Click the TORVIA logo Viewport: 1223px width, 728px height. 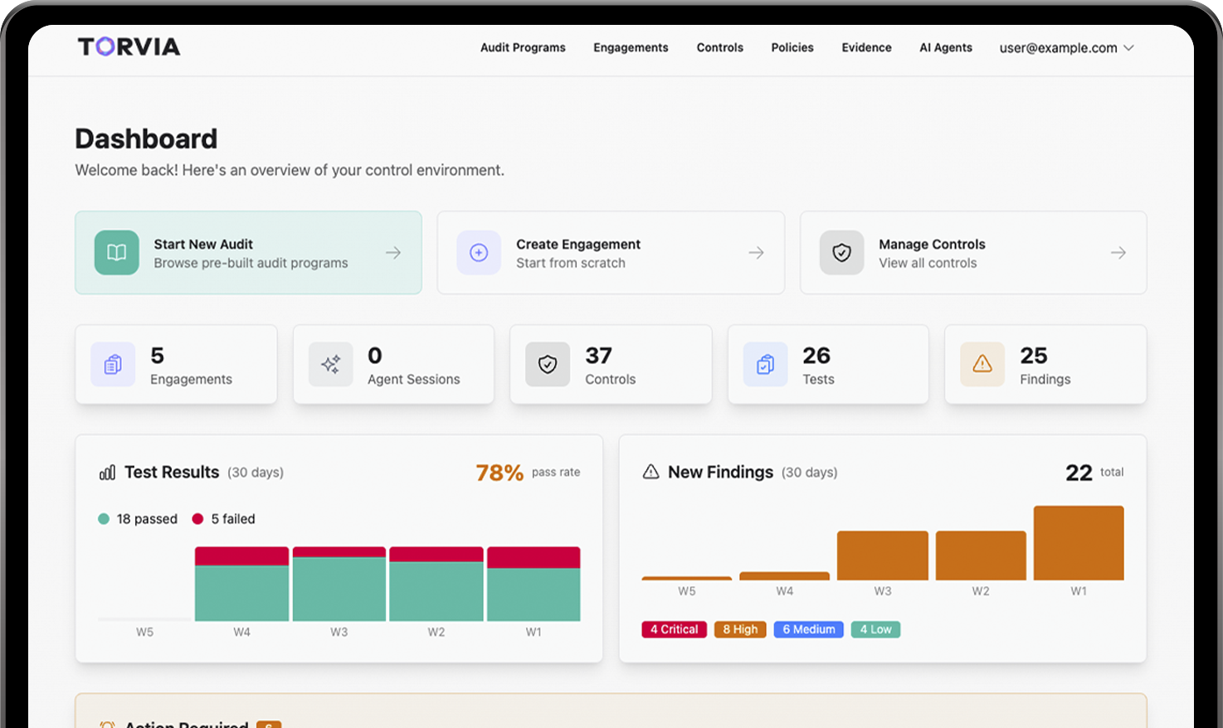coord(129,46)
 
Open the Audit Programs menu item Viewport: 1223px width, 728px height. coord(523,47)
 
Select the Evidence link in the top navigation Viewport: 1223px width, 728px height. coord(866,47)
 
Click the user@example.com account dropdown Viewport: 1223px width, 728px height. coord(1066,48)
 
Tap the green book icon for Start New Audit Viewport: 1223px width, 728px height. coord(117,253)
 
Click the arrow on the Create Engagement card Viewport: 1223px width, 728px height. coord(756,253)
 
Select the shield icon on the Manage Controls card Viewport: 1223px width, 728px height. coord(841,253)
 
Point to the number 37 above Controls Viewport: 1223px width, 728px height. coord(598,356)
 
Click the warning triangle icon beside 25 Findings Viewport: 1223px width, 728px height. coord(982,364)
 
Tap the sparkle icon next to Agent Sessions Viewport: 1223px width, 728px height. coord(330,364)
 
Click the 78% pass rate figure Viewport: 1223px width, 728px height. coord(499,473)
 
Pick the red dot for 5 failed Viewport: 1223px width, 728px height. coord(197,519)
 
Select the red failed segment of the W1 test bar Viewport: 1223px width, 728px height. coord(534,557)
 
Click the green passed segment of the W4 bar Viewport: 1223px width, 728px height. coord(241,593)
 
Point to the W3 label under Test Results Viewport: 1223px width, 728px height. coord(339,632)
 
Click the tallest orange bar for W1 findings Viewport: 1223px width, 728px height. coord(1079,543)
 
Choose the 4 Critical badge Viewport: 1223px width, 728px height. coord(674,629)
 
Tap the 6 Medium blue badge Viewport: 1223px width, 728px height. coord(808,629)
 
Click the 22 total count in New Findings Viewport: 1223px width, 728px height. coord(1079,473)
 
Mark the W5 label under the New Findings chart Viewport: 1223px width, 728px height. coord(687,591)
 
